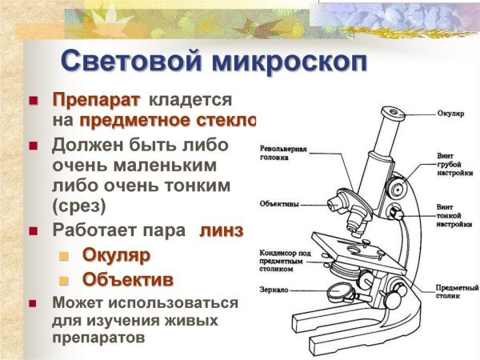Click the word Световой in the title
click(128, 62)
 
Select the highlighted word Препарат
click(96, 101)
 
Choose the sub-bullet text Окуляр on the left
click(117, 255)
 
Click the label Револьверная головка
click(284, 153)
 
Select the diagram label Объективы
click(279, 204)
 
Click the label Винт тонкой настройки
click(451, 216)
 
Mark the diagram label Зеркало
click(276, 289)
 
